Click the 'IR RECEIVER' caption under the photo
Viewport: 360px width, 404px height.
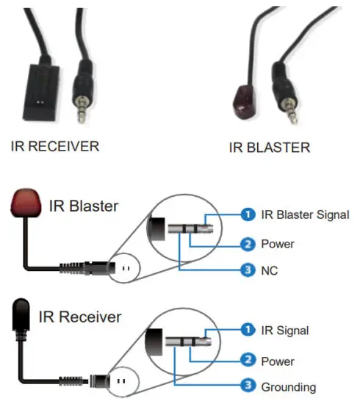[55, 145]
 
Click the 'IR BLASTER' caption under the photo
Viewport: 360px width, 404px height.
[270, 147]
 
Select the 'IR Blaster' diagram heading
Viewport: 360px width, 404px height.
[84, 206]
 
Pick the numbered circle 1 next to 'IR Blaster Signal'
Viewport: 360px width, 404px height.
[248, 214]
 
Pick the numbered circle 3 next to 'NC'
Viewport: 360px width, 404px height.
[248, 270]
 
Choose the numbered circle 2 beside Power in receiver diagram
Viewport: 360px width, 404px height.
[248, 361]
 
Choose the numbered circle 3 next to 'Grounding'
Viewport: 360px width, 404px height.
[248, 386]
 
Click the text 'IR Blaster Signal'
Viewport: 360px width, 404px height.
[305, 214]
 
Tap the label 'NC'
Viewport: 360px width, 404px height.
[270, 270]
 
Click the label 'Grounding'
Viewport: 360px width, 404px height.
[289, 387]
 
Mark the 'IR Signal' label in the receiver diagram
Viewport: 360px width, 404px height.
[284, 331]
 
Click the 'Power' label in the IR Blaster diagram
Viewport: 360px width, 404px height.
[277, 243]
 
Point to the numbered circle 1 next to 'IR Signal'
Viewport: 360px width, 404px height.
[248, 331]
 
